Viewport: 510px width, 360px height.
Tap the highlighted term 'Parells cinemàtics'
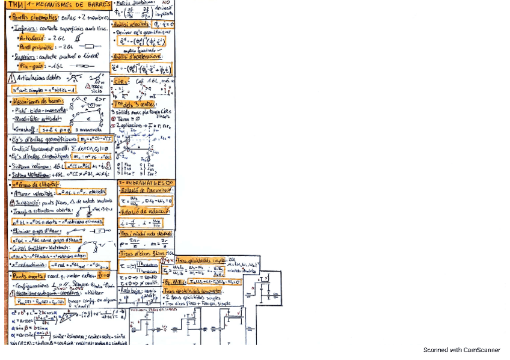35,17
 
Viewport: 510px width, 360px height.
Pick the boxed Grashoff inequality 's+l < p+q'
57,127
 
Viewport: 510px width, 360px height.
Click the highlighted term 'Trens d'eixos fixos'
143,253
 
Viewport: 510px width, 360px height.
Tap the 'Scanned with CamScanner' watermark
461,350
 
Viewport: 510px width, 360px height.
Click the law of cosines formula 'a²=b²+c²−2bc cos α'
35,313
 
